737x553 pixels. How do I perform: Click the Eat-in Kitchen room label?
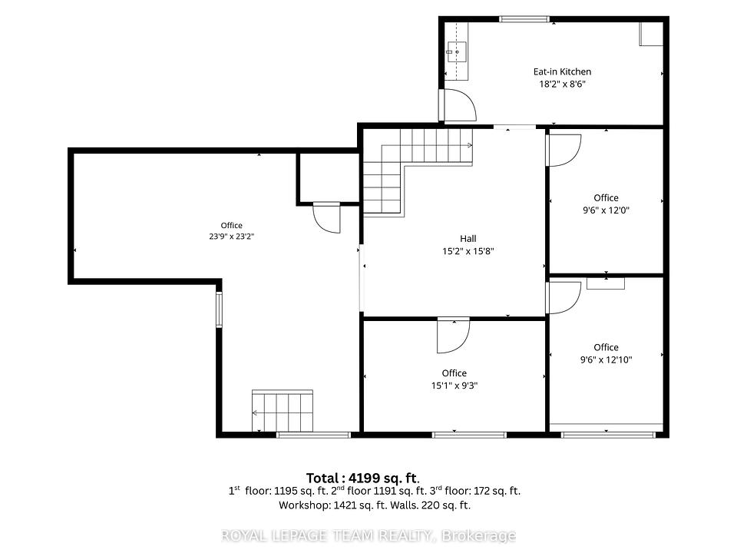click(562, 71)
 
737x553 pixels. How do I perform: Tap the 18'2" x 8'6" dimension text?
click(562, 84)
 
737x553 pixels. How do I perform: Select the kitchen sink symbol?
click(456, 51)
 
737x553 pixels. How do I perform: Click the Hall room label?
click(468, 238)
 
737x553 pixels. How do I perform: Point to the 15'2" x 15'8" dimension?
click(468, 251)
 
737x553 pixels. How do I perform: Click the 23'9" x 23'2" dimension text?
click(232, 237)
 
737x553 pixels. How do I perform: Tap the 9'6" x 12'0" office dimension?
click(606, 210)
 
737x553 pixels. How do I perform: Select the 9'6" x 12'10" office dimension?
click(606, 359)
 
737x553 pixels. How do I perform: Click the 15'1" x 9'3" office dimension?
click(454, 386)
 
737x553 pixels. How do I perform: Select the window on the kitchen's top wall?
click(524, 19)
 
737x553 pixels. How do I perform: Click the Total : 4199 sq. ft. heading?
click(362, 478)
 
